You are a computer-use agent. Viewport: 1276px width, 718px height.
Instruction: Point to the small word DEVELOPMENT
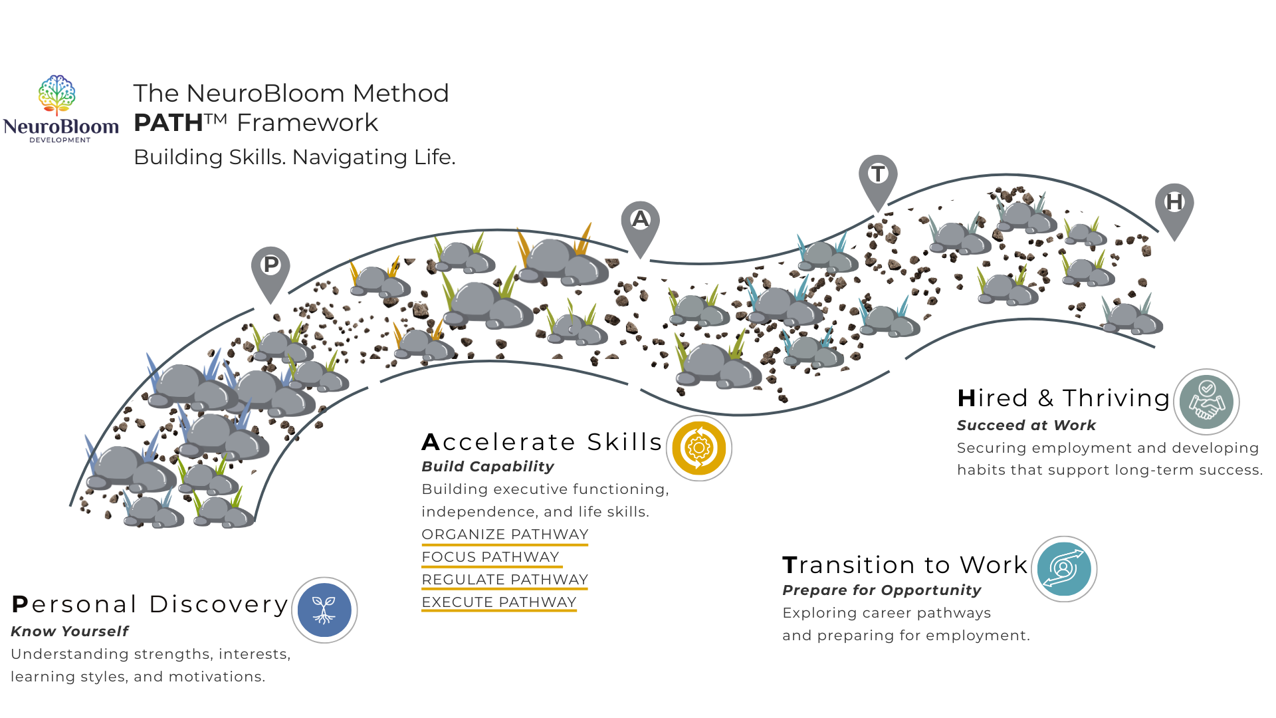pos(60,140)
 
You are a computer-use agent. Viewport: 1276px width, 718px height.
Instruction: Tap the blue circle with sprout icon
pos(324,610)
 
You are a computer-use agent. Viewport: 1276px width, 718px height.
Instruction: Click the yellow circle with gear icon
pos(698,448)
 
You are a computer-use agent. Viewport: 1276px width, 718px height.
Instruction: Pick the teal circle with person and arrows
pos(1063,568)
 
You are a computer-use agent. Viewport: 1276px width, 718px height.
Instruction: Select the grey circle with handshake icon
pos(1206,402)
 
